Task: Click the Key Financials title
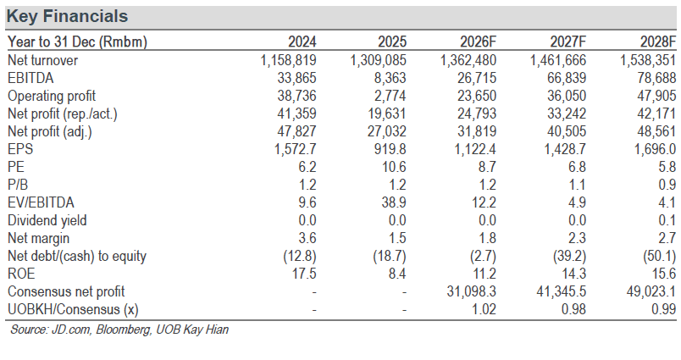point(67,16)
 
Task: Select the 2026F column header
point(478,42)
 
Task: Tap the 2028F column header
point(658,42)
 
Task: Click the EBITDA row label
point(30,78)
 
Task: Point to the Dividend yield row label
point(47,220)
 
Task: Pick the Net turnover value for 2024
point(288,60)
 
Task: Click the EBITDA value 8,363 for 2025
point(387,78)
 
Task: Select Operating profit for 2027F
point(567,96)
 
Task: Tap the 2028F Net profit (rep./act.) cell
point(656,114)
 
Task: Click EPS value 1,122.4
point(475,149)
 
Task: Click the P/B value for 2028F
point(667,185)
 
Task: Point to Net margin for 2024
point(307,238)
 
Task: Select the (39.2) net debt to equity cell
point(569,256)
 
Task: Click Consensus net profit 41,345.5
point(561,292)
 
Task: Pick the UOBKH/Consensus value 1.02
point(484,310)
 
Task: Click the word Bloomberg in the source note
point(124,330)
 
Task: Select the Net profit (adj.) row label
point(49,131)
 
